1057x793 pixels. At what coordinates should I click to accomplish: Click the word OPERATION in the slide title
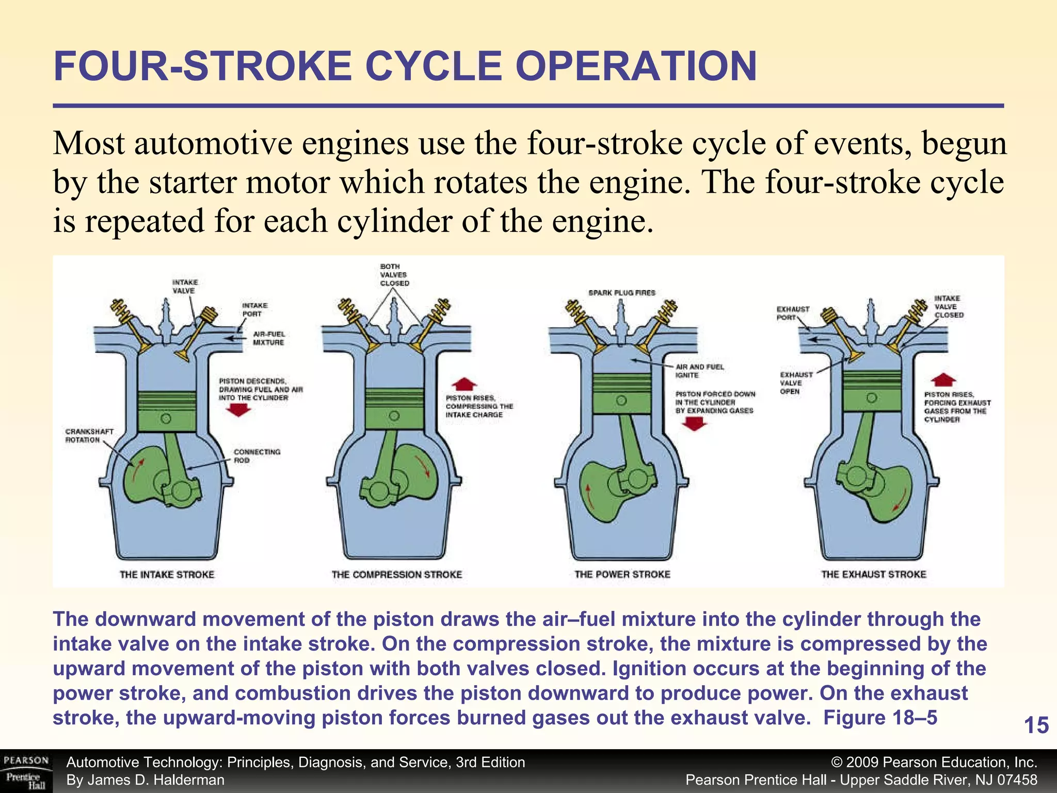click(x=636, y=67)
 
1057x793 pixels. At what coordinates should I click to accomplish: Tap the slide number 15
click(x=1036, y=725)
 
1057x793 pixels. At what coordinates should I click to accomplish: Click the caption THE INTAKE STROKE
click(x=167, y=574)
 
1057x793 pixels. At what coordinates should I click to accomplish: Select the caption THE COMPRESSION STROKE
click(x=396, y=574)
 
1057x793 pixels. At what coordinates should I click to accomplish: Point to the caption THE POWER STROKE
click(x=622, y=574)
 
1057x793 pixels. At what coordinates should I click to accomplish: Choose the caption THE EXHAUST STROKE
click(x=873, y=574)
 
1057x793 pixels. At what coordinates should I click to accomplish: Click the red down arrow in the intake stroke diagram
click(x=238, y=410)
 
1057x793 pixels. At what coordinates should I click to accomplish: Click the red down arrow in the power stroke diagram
click(x=695, y=424)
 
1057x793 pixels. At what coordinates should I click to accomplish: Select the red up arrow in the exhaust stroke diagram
click(x=943, y=379)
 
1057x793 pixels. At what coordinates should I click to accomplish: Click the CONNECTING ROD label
click(x=257, y=456)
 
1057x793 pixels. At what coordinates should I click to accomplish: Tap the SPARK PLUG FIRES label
click(x=622, y=293)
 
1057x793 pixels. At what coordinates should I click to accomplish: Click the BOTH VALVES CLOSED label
click(x=394, y=275)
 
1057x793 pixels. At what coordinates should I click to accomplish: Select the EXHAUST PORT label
click(x=793, y=313)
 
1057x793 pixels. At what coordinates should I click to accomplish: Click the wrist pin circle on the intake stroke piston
click(x=166, y=419)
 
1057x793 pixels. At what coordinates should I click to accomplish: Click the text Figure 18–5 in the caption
click(x=880, y=718)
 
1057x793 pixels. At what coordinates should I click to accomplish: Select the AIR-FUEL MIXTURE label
click(x=268, y=338)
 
